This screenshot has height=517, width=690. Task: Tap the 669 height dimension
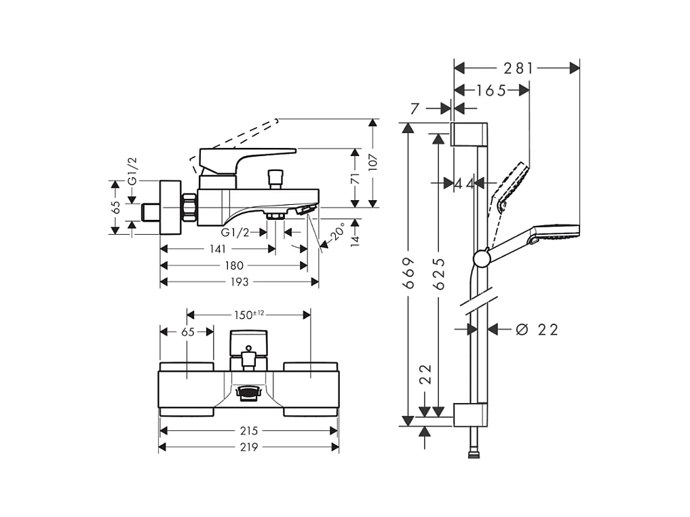point(408,273)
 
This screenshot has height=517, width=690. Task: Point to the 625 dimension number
point(440,273)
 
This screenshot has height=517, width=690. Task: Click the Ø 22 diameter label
point(537,330)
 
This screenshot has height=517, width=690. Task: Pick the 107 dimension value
point(372,164)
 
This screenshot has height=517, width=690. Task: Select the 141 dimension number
point(218,249)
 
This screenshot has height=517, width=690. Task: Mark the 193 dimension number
point(239,282)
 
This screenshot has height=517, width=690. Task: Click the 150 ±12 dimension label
point(248,314)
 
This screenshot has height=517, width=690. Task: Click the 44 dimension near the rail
point(465,183)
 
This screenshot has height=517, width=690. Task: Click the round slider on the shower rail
point(481,258)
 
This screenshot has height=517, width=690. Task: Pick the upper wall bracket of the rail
point(468,134)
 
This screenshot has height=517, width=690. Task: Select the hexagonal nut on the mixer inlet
point(189,208)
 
